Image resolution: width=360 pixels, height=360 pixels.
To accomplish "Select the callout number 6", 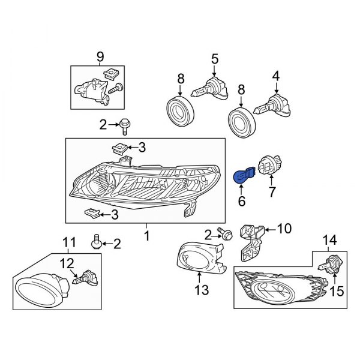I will [242, 202].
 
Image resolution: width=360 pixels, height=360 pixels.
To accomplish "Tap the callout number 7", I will [271, 192].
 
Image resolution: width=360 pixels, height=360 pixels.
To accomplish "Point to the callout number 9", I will [100, 58].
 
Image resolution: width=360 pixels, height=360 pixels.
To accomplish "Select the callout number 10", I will [284, 228].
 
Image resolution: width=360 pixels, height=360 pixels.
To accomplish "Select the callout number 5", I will [214, 58].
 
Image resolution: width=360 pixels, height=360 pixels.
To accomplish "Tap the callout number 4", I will [276, 76].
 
